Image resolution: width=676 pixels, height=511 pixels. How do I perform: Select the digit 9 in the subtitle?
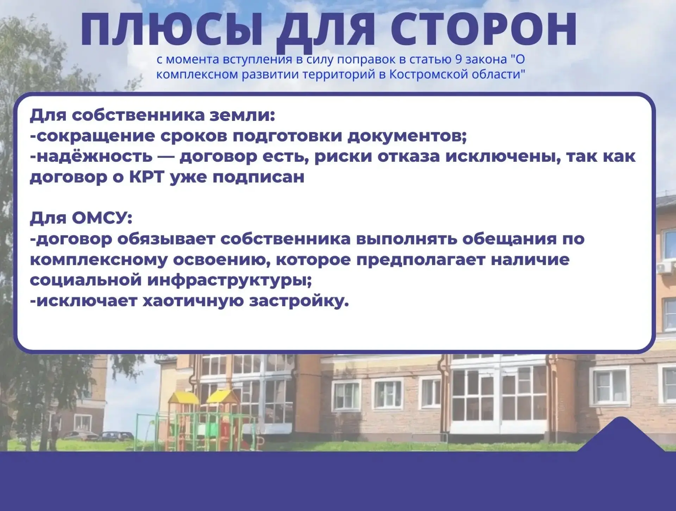458,59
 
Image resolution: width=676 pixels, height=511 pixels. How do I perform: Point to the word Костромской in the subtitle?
428,74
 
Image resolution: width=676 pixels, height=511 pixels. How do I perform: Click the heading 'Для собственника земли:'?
152,115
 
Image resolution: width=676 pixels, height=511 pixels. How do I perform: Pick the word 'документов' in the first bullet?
407,136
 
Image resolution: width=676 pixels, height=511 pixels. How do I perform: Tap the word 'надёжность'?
91,156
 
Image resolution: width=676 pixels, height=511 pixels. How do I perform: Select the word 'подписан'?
258,177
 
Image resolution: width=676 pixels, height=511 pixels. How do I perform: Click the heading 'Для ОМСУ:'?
81,218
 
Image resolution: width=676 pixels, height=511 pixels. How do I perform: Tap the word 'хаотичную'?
193,301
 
